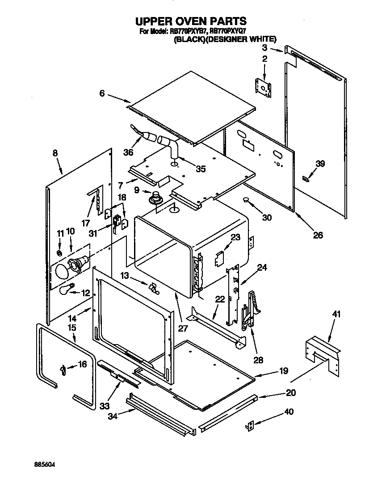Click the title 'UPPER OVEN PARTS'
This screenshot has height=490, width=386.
tap(191, 21)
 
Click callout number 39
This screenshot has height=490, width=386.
tap(320, 164)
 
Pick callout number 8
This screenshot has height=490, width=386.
tap(55, 153)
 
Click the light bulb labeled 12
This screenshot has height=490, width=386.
tap(66, 290)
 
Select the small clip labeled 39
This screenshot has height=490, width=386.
tap(306, 179)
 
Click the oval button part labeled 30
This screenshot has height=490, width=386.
tap(247, 200)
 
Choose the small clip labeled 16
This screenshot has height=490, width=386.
tap(63, 369)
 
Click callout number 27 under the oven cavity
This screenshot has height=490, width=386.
tap(182, 328)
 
